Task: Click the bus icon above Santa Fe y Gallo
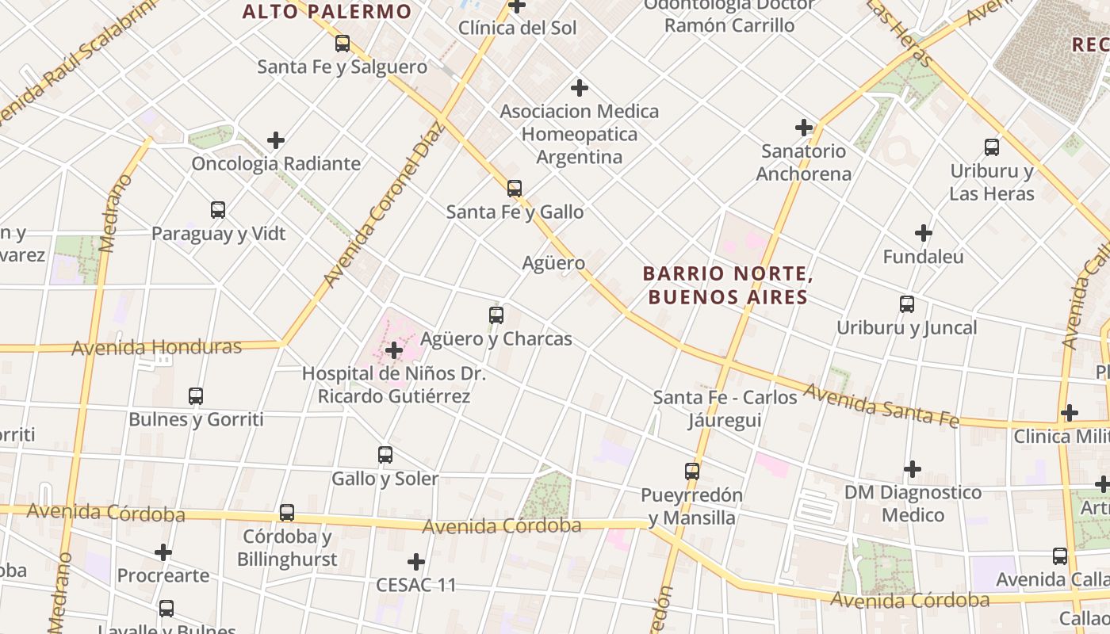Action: [515, 189]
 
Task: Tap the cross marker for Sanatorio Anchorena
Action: [804, 127]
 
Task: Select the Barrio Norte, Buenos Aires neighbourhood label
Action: [727, 285]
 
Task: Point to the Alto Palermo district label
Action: [327, 12]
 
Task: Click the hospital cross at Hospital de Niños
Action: [394, 349]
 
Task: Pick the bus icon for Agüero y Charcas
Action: [496, 315]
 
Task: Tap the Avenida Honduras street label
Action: [156, 347]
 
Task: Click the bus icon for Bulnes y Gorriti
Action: [196, 396]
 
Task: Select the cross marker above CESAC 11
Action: [416, 562]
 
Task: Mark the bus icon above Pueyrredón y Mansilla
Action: [692, 472]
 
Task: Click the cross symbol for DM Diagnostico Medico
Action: [913, 469]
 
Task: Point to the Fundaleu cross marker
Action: [923, 233]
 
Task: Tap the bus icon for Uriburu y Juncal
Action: [907, 304]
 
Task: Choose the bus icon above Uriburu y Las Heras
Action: [992, 147]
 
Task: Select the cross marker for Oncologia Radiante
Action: [276, 140]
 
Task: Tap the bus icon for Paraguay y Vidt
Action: [218, 210]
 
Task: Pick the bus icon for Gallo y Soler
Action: [385, 455]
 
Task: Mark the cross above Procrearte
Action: [163, 552]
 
